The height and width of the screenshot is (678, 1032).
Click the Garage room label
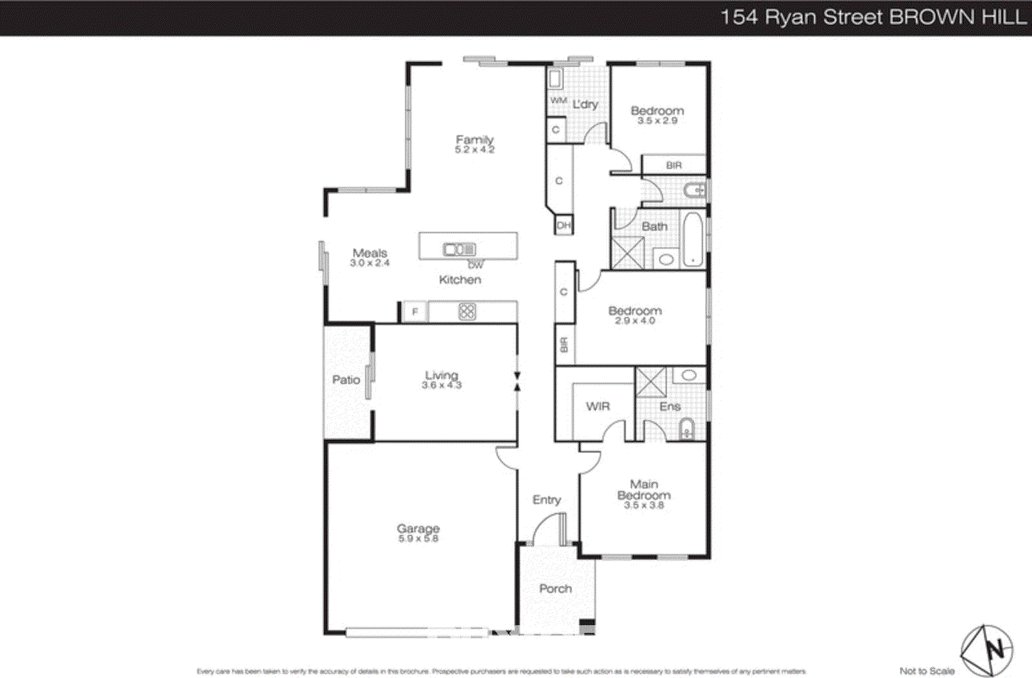pyautogui.click(x=418, y=528)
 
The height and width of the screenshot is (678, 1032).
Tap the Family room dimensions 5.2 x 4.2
pyautogui.click(x=474, y=150)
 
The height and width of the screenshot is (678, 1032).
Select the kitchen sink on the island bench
pyautogui.click(x=459, y=249)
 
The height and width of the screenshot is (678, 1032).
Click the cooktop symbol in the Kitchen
pyautogui.click(x=467, y=312)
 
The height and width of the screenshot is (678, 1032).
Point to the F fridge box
pyautogui.click(x=415, y=312)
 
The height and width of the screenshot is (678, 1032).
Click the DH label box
pyautogui.click(x=564, y=226)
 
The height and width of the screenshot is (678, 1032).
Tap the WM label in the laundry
pyautogui.click(x=558, y=101)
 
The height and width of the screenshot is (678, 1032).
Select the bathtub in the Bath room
pyautogui.click(x=693, y=239)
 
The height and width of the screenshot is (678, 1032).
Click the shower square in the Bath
pyautogui.click(x=628, y=253)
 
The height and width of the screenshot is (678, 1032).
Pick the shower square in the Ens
pyautogui.click(x=651, y=382)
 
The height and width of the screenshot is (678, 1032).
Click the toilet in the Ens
pyautogui.click(x=687, y=428)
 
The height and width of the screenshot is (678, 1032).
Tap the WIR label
pyautogui.click(x=597, y=406)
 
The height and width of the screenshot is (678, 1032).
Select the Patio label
pyautogui.click(x=346, y=380)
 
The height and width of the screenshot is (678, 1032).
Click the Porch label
pyautogui.click(x=555, y=588)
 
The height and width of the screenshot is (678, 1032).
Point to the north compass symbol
pyautogui.click(x=987, y=650)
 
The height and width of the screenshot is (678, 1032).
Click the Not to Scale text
pyautogui.click(x=927, y=671)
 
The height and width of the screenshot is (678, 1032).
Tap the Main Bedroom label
pyautogui.click(x=644, y=490)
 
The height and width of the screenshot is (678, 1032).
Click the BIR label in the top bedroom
pyautogui.click(x=674, y=166)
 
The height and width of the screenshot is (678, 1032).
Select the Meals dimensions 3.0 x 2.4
pyautogui.click(x=370, y=263)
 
